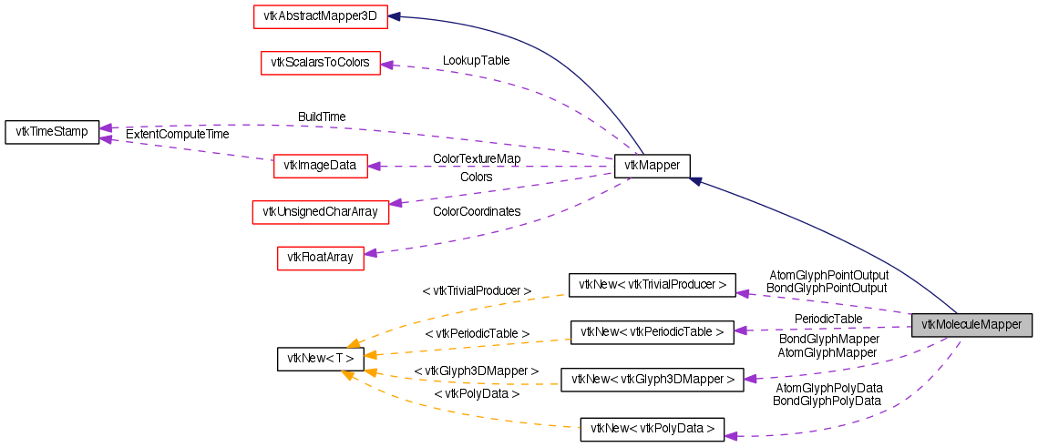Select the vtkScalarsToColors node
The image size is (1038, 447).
pyautogui.click(x=320, y=63)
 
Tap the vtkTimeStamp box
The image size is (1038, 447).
pyautogui.click(x=52, y=132)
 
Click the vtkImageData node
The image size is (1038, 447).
pyautogui.click(x=320, y=166)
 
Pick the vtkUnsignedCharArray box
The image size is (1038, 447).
pyautogui.click(x=320, y=211)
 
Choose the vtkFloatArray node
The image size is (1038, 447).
pyautogui.click(x=320, y=258)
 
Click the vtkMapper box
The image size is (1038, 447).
pyautogui.click(x=652, y=166)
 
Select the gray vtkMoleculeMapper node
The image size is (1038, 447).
pyautogui.click(x=971, y=325)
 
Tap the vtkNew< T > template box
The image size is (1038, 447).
pyautogui.click(x=320, y=359)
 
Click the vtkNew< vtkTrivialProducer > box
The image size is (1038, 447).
pyautogui.click(x=651, y=285)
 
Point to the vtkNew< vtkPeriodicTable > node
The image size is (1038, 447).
pyautogui.click(x=652, y=332)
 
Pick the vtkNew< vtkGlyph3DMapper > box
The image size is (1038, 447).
pyautogui.click(x=652, y=380)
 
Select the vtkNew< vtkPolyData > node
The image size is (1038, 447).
pyautogui.click(x=652, y=428)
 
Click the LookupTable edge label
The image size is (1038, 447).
pyautogui.click(x=476, y=60)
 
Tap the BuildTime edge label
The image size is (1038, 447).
pyautogui.click(x=322, y=117)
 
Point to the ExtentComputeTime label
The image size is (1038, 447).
pyautogui.click(x=177, y=134)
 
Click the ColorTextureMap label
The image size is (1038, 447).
pyautogui.click(x=477, y=158)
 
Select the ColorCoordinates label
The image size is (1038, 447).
pyautogui.click(x=477, y=211)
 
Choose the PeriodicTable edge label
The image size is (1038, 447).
pyautogui.click(x=828, y=319)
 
